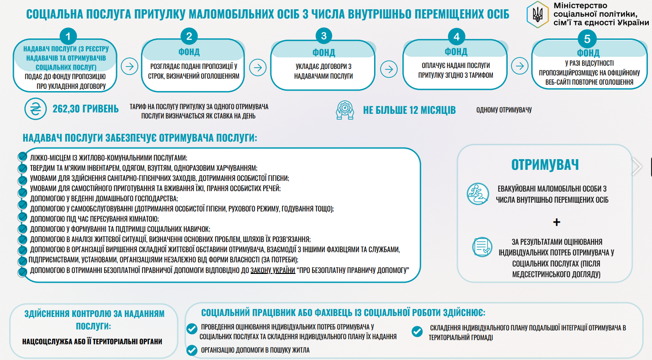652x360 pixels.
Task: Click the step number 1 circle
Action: pos(68,37)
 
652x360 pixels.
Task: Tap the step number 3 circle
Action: pos(323,37)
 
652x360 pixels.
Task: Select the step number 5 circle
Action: pos(587,39)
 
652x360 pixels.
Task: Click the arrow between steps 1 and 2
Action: pos(129,66)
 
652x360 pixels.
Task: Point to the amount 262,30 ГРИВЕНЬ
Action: pos(86,109)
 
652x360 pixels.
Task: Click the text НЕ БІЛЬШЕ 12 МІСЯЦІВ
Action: pos(409,110)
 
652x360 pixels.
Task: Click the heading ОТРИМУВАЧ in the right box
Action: pos(545,165)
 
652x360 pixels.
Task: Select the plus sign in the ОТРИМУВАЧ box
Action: pos(556,223)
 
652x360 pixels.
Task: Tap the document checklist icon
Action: pos(481,246)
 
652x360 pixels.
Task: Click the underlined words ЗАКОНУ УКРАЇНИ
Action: pos(273,270)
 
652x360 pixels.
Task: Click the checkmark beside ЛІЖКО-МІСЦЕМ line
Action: pos(21,157)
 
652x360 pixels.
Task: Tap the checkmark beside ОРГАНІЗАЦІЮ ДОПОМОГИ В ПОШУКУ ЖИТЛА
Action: pos(192,350)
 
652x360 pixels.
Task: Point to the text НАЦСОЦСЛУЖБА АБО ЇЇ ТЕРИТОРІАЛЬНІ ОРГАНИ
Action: pos(92,342)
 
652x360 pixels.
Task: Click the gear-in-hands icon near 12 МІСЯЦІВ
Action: pos(344,110)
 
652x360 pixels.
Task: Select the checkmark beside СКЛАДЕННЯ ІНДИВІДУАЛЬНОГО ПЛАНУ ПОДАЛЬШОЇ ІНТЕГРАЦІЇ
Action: pos(417,331)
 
